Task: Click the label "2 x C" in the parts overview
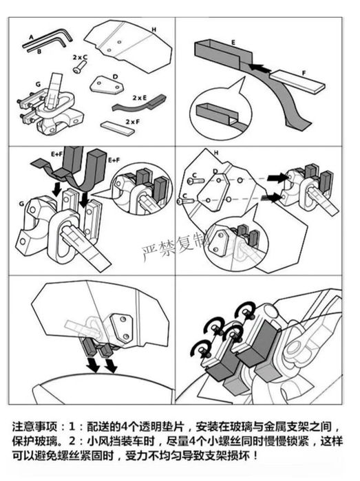click(x=80, y=57)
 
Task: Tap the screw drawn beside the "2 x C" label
click(x=79, y=67)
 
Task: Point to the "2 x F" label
click(x=133, y=122)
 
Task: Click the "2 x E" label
click(x=140, y=98)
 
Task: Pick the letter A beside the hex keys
click(x=31, y=38)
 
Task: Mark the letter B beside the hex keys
click(x=39, y=52)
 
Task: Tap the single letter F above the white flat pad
click(x=304, y=74)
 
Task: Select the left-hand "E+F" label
click(x=56, y=154)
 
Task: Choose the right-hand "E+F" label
click(x=114, y=160)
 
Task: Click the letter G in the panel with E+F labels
click(x=22, y=204)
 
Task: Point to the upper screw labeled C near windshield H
click(x=195, y=181)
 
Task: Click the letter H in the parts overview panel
click(x=154, y=30)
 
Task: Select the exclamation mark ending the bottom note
click(x=255, y=456)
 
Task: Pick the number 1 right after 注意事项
click(x=72, y=426)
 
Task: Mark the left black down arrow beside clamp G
click(x=56, y=189)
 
